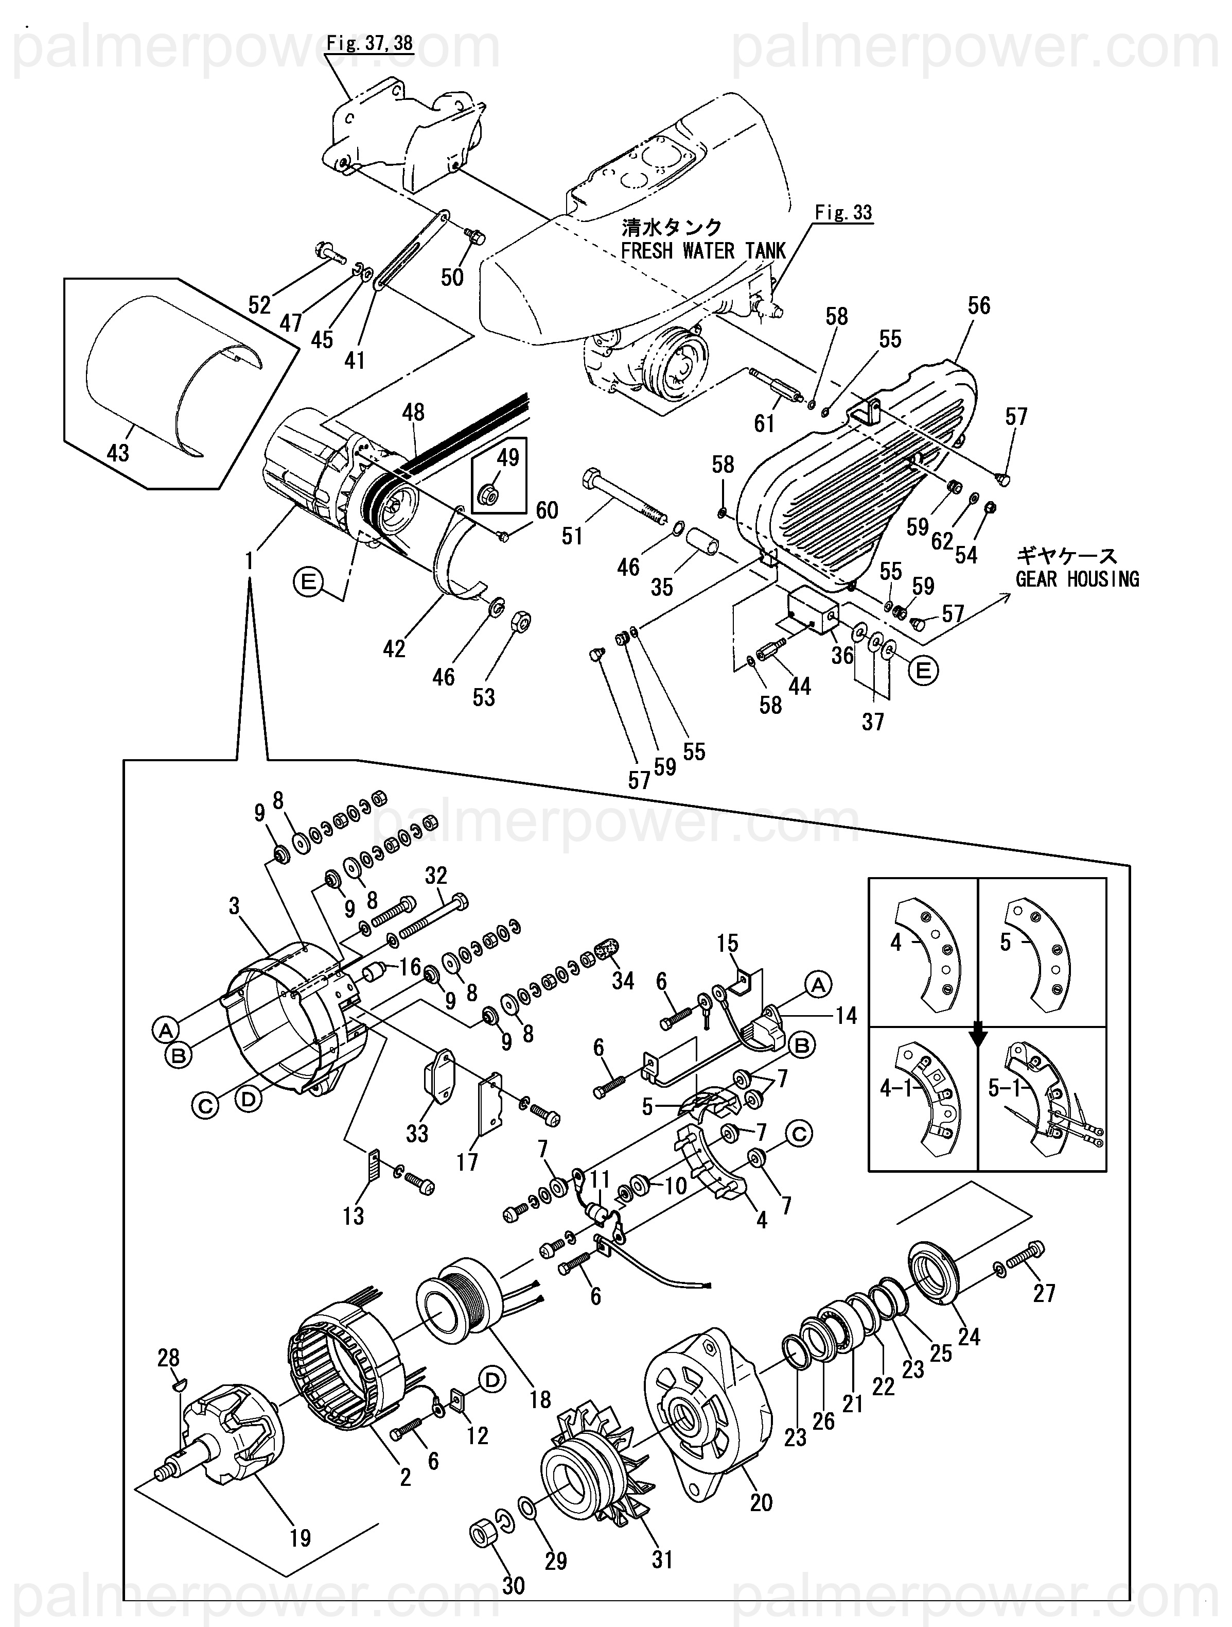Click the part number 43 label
[118, 452]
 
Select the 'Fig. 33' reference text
[843, 213]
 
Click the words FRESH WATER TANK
[703, 251]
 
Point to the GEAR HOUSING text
[1078, 579]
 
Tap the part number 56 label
[978, 305]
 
